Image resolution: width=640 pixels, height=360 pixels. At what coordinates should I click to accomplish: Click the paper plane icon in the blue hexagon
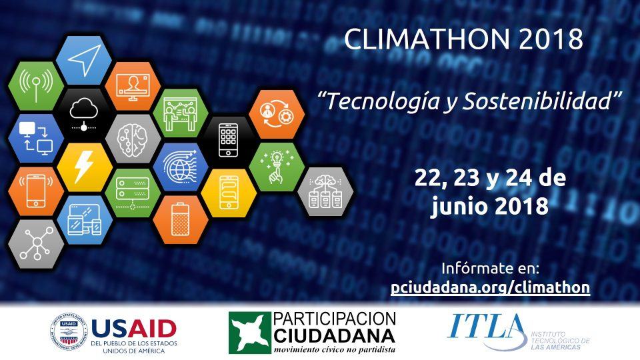pyautogui.click(x=84, y=60)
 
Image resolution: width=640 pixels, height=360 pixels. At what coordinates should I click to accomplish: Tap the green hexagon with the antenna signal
pyautogui.click(x=36, y=86)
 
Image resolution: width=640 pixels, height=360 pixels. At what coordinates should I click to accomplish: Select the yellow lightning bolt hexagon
pyautogui.click(x=85, y=167)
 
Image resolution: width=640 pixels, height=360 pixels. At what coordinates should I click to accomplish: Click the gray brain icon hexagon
pyautogui.click(x=133, y=139)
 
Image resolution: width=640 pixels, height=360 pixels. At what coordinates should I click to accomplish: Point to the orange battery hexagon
pyautogui.click(x=181, y=219)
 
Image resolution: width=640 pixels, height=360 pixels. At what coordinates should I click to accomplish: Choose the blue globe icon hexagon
pyautogui.click(x=181, y=167)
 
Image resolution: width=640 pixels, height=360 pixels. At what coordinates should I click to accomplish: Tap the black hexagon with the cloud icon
pyautogui.click(x=84, y=113)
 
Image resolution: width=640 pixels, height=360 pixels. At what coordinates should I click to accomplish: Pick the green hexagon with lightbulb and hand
pyautogui.click(x=277, y=167)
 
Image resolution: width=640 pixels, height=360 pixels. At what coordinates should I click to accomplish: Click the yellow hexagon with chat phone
pyautogui.click(x=229, y=193)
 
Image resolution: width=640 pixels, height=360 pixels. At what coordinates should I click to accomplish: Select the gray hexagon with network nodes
pyautogui.click(x=36, y=244)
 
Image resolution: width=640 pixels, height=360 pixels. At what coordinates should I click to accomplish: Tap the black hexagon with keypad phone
pyautogui.click(x=229, y=140)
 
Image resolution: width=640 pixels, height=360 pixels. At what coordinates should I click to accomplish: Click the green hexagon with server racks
pyautogui.click(x=133, y=193)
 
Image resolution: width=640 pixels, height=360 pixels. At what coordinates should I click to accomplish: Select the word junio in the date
pyautogui.click(x=459, y=206)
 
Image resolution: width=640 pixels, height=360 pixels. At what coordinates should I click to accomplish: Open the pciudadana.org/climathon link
pyautogui.click(x=490, y=287)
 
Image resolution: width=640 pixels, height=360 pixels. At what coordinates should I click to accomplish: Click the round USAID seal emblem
pyautogui.click(x=69, y=332)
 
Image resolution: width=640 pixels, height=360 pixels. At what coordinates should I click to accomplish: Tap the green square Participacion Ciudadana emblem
pyautogui.click(x=249, y=333)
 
